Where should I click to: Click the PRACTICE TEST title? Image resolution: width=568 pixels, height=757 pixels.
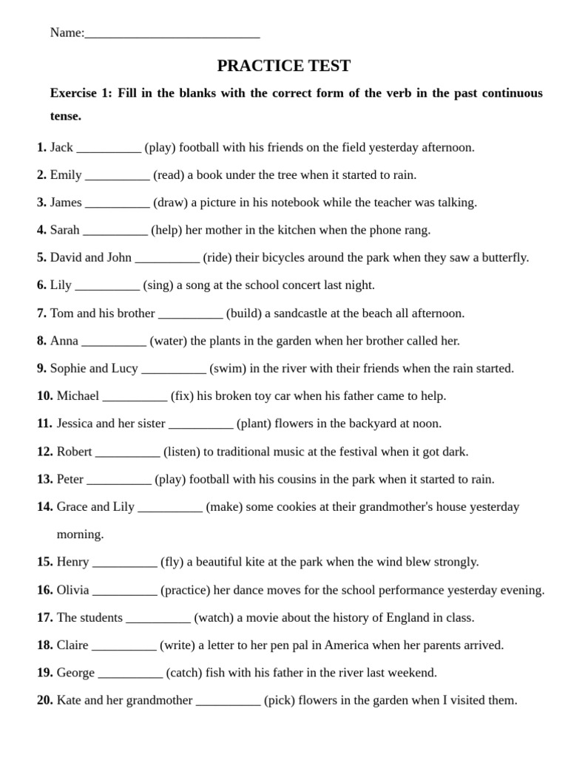[283, 66]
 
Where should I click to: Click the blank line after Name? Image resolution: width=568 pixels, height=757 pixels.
[172, 34]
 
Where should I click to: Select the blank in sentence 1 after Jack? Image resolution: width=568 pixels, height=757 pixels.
[109, 148]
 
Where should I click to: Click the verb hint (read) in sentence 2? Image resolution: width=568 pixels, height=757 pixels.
[169, 175]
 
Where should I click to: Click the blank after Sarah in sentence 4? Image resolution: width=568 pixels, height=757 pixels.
[115, 231]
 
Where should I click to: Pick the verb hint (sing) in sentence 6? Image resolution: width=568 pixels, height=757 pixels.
[158, 285]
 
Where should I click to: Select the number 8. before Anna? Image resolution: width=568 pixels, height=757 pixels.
[41, 341]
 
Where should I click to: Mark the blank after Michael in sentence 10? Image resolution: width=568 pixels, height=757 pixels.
[135, 396]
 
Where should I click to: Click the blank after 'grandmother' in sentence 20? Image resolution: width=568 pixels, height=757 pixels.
[228, 701]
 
